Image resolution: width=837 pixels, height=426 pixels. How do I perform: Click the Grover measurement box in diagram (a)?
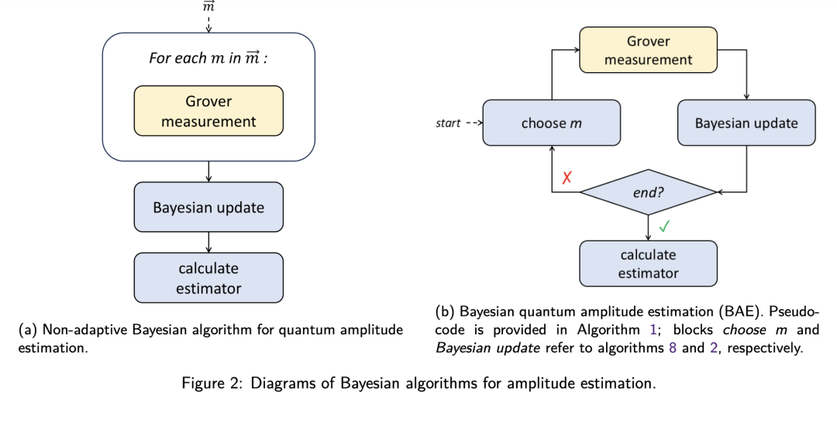click(208, 112)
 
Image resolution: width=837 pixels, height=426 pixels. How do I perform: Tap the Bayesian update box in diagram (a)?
click(208, 208)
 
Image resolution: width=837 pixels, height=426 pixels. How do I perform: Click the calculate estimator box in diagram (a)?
click(208, 278)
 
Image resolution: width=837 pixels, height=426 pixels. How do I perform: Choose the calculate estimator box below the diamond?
click(648, 263)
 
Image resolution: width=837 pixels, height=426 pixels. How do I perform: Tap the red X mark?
click(567, 178)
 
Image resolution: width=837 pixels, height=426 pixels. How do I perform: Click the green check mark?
click(663, 227)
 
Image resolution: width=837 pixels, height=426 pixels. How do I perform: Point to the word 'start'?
click(447, 123)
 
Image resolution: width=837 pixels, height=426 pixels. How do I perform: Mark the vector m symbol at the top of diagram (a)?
click(208, 6)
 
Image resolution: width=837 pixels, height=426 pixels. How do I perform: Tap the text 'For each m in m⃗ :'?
click(208, 59)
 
